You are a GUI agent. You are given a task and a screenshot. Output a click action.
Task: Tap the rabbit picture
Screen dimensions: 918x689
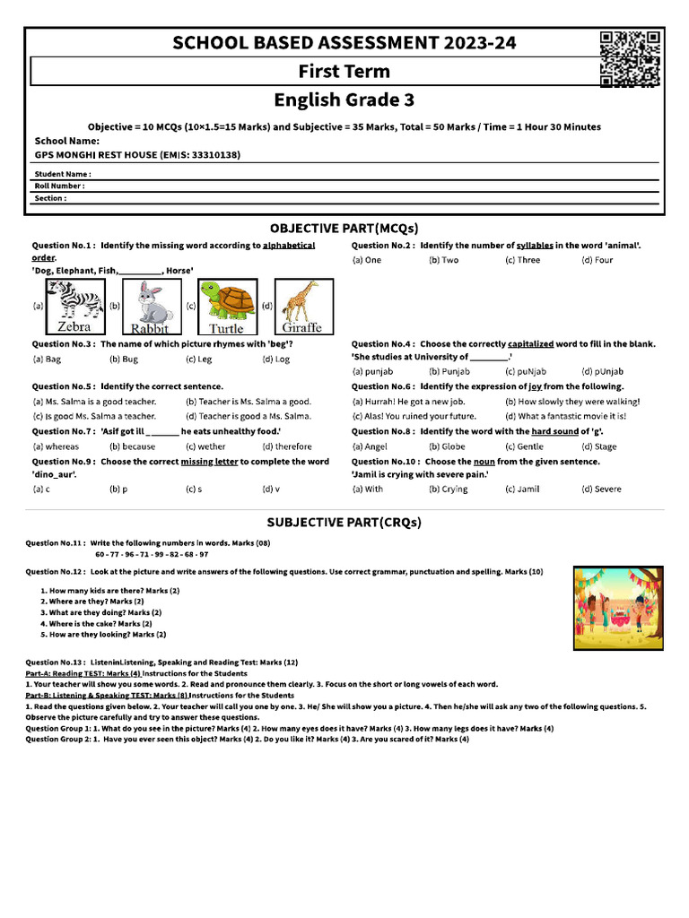tap(150, 306)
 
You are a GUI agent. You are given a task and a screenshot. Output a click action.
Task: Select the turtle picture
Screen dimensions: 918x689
tap(226, 306)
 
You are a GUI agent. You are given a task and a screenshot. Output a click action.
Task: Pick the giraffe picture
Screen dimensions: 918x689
tap(301, 306)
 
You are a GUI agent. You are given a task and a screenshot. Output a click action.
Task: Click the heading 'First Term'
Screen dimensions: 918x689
tap(344, 72)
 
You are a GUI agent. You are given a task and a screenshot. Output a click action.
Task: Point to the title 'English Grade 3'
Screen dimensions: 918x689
tap(344, 100)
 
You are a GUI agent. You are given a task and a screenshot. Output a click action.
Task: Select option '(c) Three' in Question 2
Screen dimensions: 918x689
tap(522, 260)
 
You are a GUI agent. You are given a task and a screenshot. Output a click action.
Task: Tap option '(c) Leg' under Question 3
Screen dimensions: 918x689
tap(199, 359)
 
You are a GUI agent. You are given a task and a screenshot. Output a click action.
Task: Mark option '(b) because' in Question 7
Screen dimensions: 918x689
tap(132, 446)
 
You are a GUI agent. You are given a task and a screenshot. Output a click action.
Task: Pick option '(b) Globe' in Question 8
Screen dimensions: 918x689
tap(447, 446)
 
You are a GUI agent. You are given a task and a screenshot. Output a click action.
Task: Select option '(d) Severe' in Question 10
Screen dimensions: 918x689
tap(601, 489)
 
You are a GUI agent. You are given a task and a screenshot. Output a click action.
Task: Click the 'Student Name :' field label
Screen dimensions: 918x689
tap(63, 174)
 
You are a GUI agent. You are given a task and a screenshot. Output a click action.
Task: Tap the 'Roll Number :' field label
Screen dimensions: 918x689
tap(60, 186)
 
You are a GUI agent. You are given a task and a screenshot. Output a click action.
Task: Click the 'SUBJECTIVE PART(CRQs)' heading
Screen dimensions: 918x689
tap(344, 522)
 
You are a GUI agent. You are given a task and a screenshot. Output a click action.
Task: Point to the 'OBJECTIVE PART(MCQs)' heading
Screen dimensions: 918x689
tap(344, 228)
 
